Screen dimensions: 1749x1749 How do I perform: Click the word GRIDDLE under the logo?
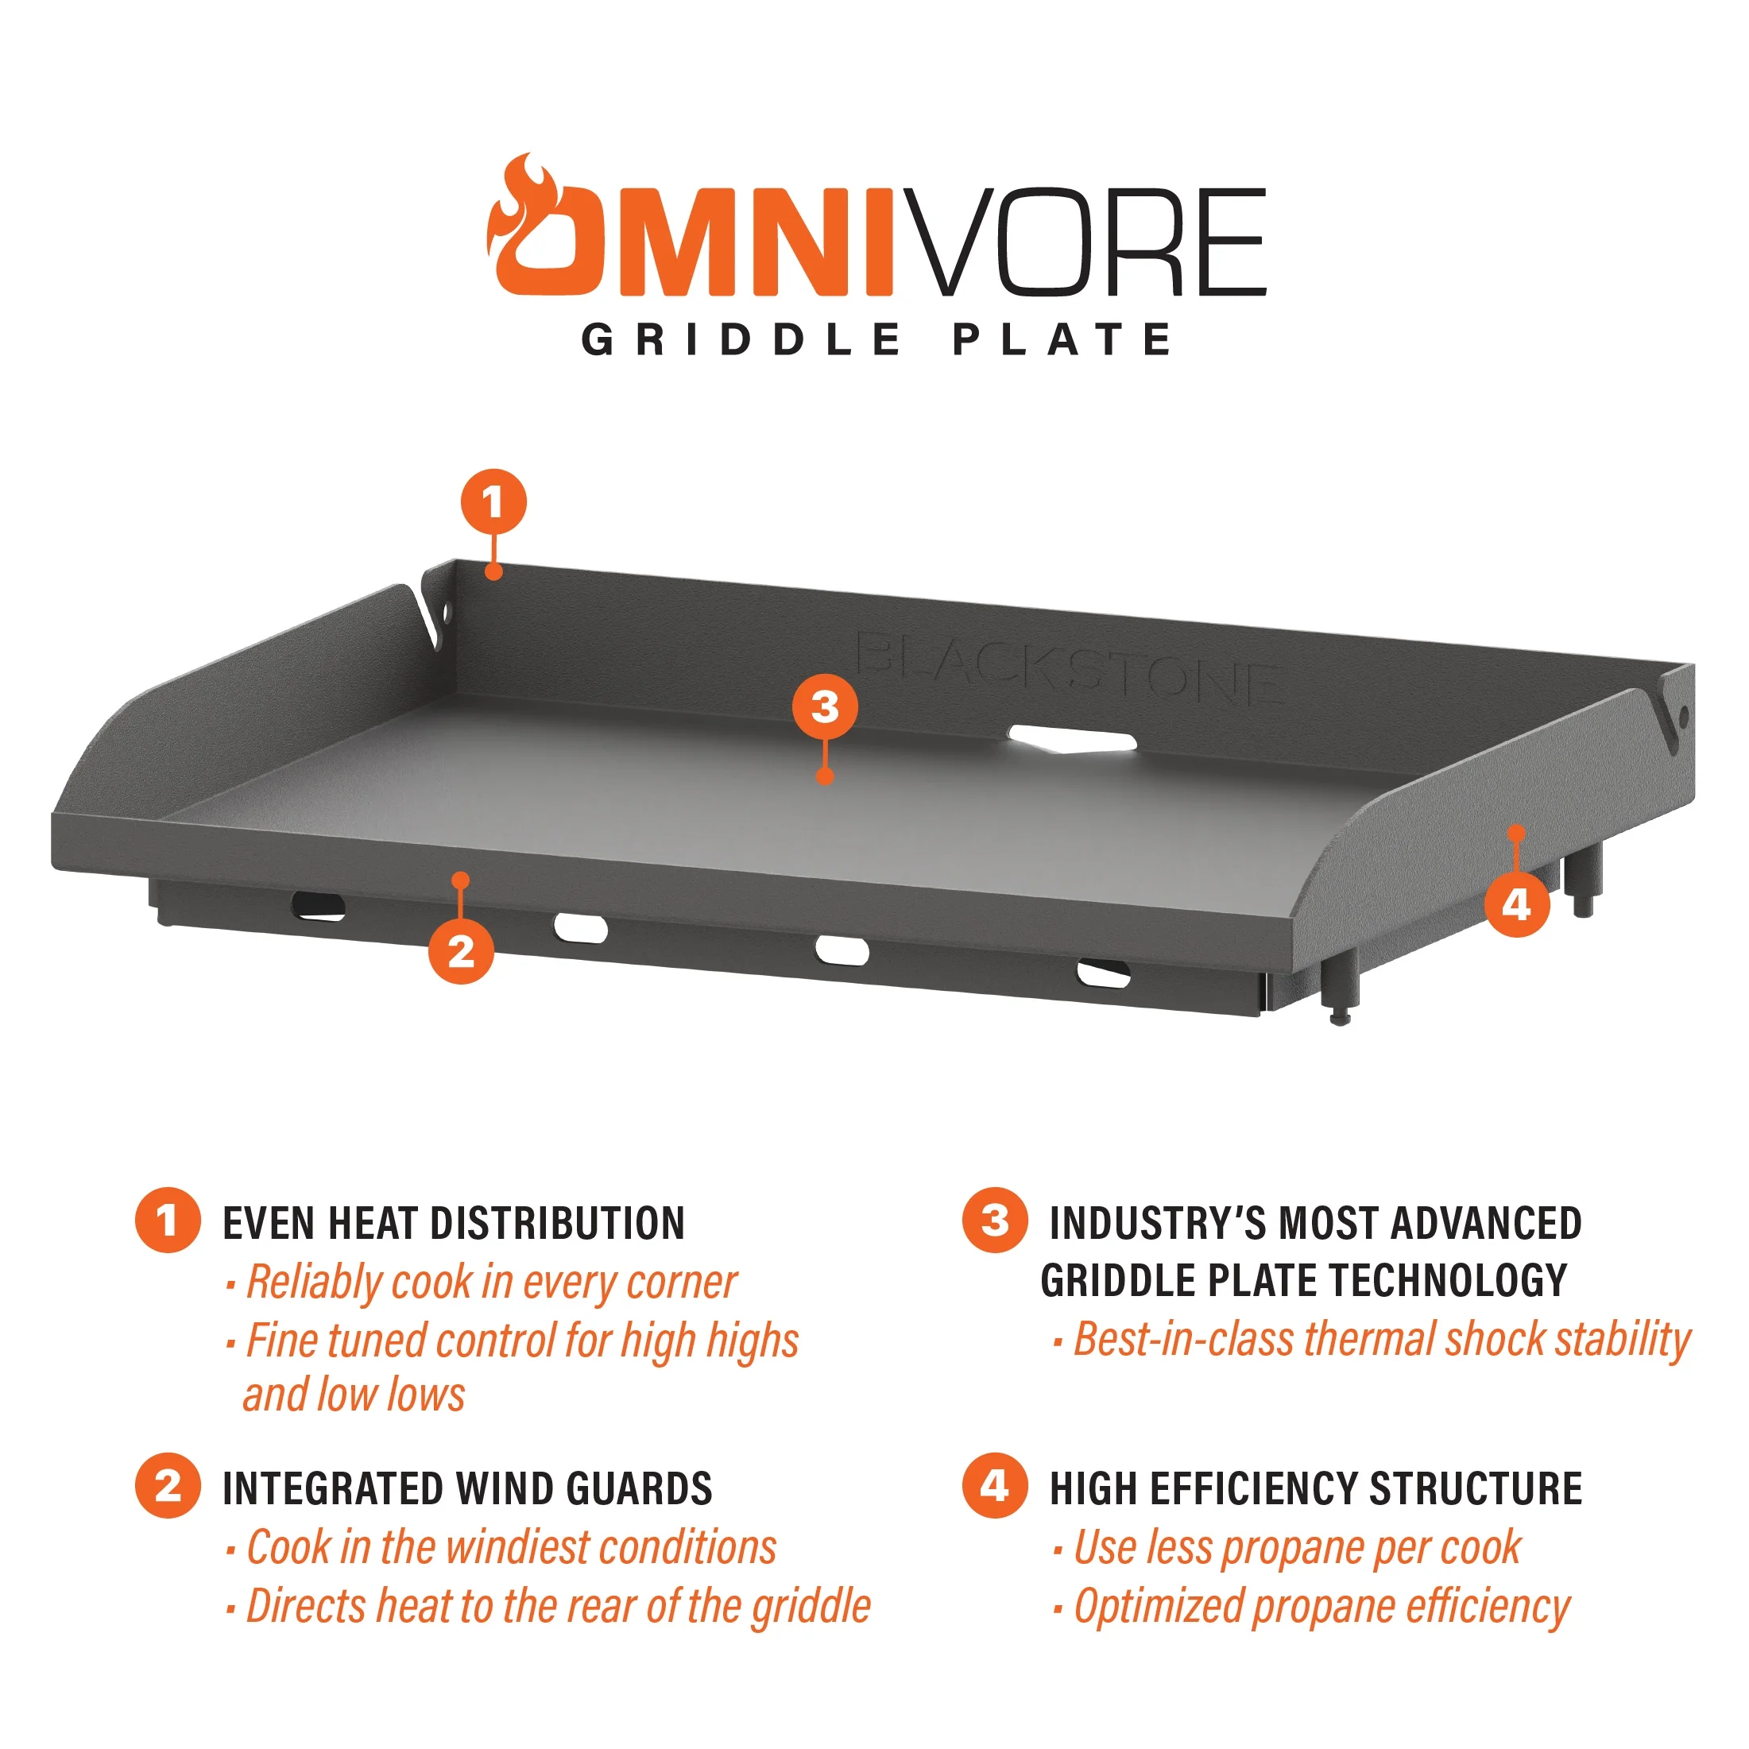741,340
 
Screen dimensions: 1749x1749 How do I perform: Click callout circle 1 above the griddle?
493,501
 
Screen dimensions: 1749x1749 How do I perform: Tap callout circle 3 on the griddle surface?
825,706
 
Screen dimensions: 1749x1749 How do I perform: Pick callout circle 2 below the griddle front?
461,951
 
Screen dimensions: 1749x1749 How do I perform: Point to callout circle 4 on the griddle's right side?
1516,904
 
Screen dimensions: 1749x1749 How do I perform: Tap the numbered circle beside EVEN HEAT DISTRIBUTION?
168,1221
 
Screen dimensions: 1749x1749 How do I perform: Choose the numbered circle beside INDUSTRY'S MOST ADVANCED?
995,1221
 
